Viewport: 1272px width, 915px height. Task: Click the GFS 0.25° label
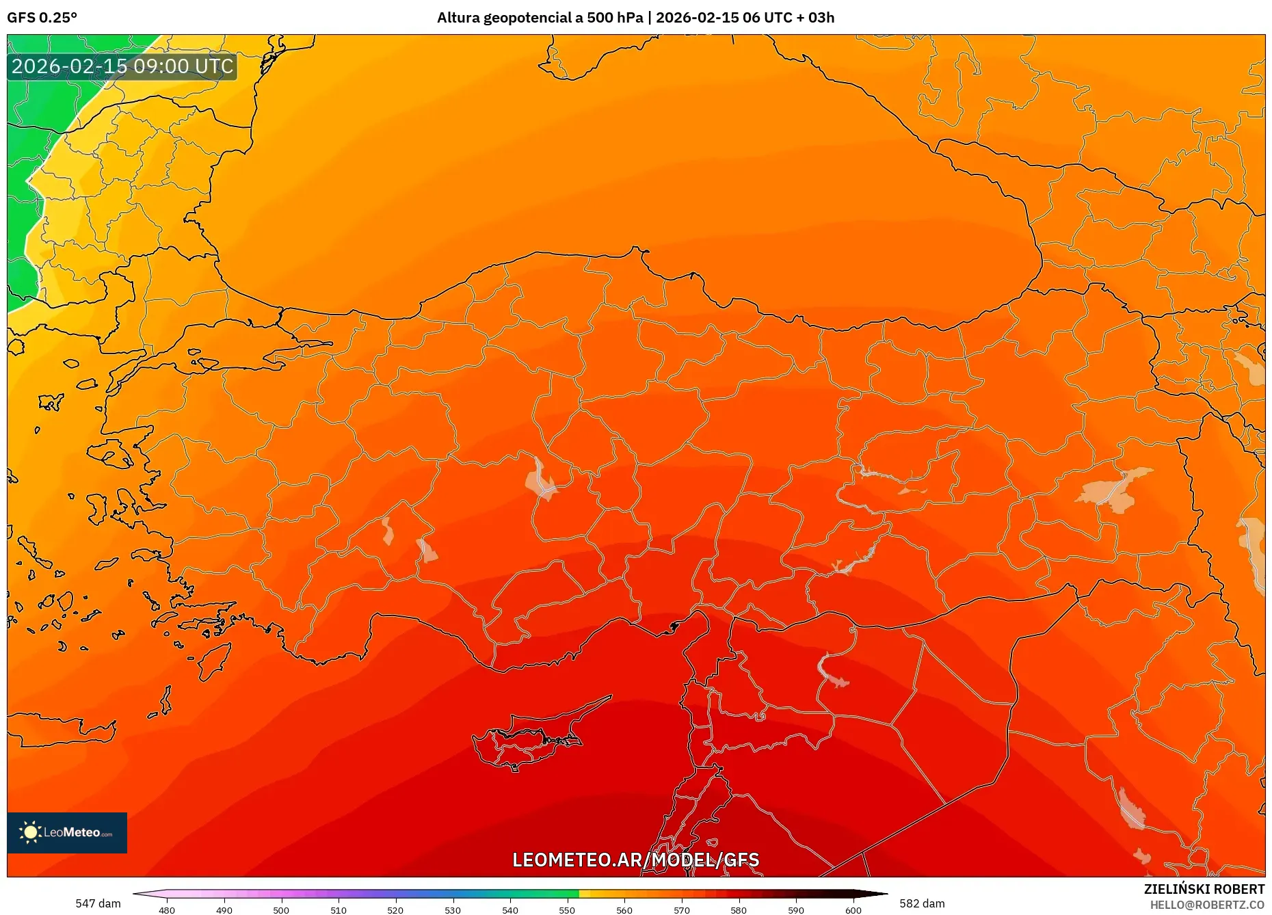(x=42, y=18)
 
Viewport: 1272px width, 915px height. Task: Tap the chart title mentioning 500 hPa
(x=635, y=18)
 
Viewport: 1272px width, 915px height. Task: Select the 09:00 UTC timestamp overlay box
(x=122, y=66)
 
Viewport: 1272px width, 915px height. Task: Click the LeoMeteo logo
(x=67, y=832)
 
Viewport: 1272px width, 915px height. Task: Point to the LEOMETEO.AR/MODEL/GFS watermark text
(x=635, y=860)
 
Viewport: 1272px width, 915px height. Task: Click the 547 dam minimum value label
(x=98, y=903)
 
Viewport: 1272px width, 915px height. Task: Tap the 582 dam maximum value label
(x=922, y=903)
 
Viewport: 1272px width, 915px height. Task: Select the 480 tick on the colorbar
(x=167, y=910)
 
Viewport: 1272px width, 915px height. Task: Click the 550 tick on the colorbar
(x=567, y=910)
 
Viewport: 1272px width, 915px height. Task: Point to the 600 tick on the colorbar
(x=853, y=910)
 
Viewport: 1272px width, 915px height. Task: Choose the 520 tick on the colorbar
(x=395, y=910)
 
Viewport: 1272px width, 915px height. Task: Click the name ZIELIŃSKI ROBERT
(x=1204, y=889)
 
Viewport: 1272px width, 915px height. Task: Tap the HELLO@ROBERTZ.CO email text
(x=1207, y=905)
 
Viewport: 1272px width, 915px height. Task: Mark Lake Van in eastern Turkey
(x=1115, y=489)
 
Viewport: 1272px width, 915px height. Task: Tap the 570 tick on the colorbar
(x=681, y=910)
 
